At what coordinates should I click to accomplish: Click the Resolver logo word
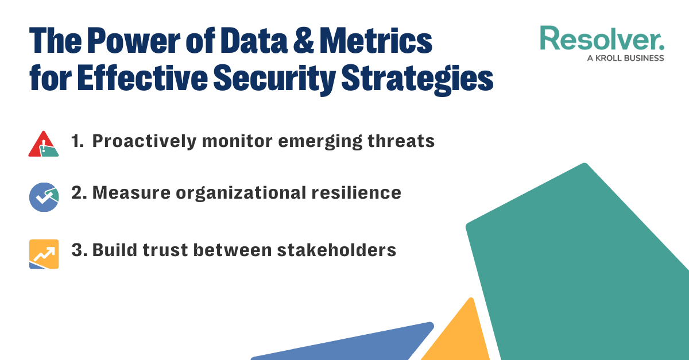click(x=602, y=38)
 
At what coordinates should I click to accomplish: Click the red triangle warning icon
click(x=43, y=144)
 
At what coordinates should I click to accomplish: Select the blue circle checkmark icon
click(x=44, y=197)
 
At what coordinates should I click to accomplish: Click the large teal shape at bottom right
click(x=580, y=270)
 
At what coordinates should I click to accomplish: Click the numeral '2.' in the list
click(x=79, y=193)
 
